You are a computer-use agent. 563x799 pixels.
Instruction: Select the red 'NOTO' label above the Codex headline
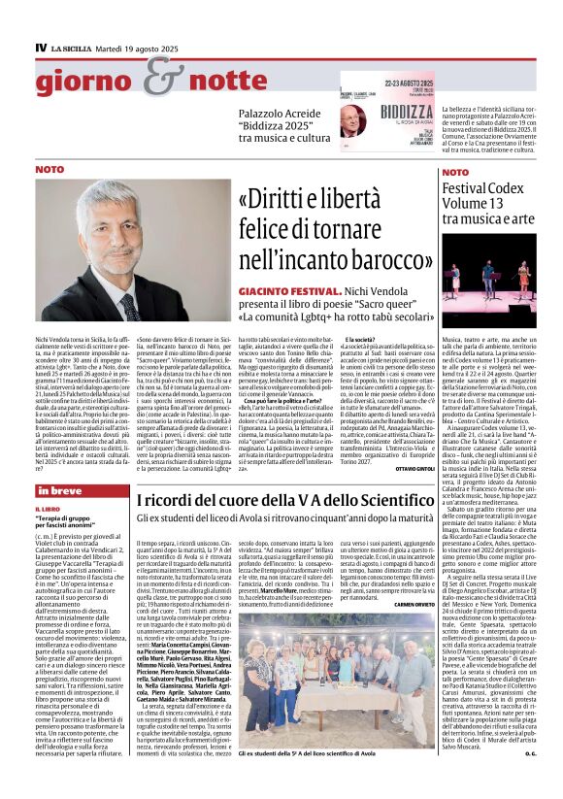tap(455, 172)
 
